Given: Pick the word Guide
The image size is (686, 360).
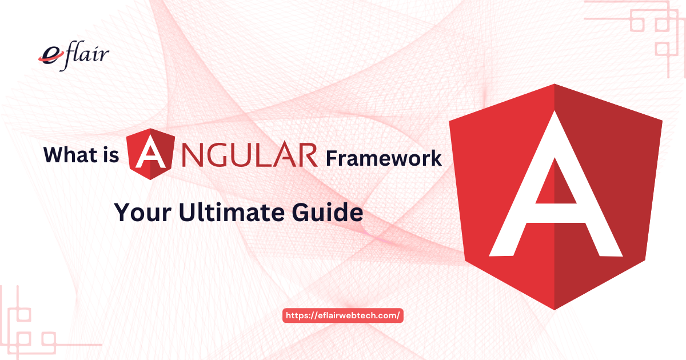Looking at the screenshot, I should pos(332,213).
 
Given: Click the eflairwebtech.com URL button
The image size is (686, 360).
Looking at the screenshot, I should pos(344,315).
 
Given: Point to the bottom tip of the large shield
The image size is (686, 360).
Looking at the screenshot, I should pos(556,309).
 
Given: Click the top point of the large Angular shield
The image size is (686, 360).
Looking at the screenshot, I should pos(556,85).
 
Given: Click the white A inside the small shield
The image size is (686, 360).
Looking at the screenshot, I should pos(149,155).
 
